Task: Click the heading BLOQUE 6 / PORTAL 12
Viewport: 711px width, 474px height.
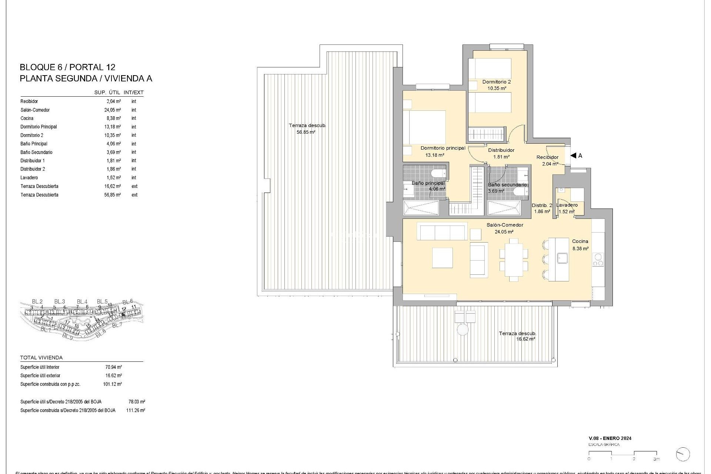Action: (x=67, y=67)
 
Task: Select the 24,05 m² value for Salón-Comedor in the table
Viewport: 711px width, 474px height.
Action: (x=113, y=110)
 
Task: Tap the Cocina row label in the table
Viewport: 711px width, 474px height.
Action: (x=27, y=118)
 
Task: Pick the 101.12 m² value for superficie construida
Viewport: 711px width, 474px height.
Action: (x=112, y=384)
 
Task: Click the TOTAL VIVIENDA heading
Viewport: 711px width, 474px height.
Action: (x=41, y=358)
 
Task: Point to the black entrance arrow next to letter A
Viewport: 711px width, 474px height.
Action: (x=573, y=156)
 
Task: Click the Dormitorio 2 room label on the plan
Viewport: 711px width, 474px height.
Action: (x=496, y=82)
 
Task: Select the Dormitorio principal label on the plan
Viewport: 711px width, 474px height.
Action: (x=443, y=148)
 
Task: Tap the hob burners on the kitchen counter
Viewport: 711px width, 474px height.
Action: (x=598, y=260)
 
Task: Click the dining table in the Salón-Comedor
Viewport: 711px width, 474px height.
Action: (x=513, y=260)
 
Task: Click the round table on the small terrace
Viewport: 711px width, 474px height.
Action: (x=462, y=330)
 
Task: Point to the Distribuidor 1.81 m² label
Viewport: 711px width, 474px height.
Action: (x=501, y=153)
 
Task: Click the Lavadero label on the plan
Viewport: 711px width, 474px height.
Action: (x=567, y=205)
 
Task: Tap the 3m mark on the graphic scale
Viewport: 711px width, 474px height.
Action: (x=656, y=459)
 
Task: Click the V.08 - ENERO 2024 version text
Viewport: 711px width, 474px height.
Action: (x=610, y=438)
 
